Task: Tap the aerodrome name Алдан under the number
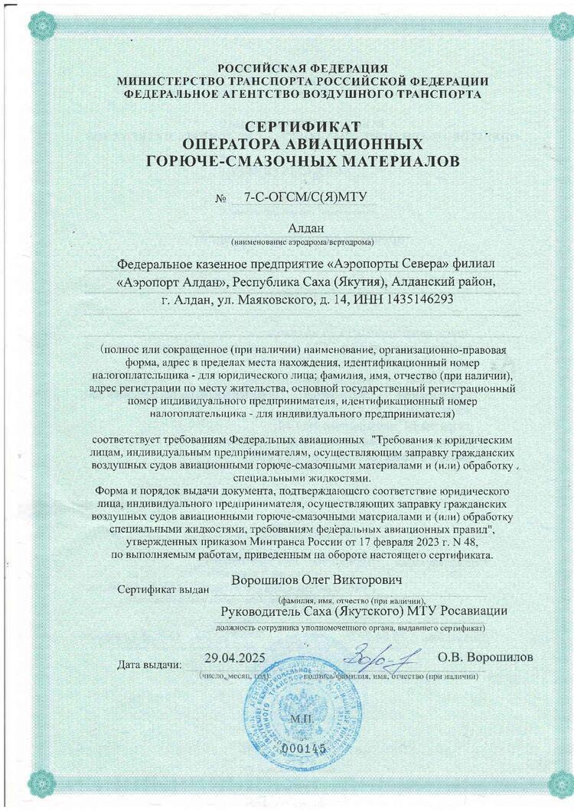(305, 228)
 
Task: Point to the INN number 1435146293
(419, 300)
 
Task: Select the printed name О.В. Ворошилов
(485, 657)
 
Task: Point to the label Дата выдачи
(151, 663)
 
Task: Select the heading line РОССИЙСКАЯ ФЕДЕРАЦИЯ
(302, 68)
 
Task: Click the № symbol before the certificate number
(223, 199)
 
